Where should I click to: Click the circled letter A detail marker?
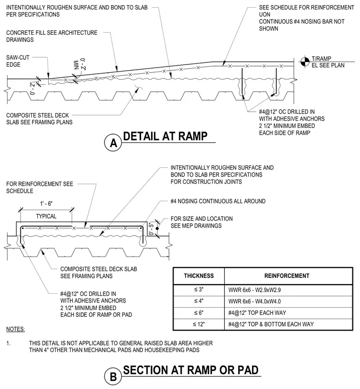[x=113, y=143]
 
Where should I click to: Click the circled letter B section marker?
[x=113, y=377]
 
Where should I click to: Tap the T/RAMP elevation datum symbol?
[x=305, y=62]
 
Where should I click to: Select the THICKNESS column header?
[x=199, y=276]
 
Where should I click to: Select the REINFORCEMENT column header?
[x=287, y=276]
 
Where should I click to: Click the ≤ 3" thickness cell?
[x=199, y=290]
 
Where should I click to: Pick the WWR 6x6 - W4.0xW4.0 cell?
[x=255, y=301]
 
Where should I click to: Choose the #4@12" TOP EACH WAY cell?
[x=257, y=313]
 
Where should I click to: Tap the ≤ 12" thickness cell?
[x=199, y=324]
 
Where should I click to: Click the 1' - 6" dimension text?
[x=47, y=204]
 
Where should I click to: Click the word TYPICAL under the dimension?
[x=46, y=216]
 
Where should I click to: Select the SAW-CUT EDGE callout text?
[x=17, y=61]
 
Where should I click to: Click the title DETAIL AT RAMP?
[x=165, y=136]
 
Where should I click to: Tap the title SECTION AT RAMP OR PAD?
[x=190, y=370]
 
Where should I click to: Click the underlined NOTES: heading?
[x=15, y=329]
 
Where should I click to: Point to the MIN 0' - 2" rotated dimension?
[x=79, y=64]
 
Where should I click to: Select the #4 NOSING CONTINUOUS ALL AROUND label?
[x=218, y=201]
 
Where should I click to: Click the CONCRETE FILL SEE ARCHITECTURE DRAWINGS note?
[x=52, y=36]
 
